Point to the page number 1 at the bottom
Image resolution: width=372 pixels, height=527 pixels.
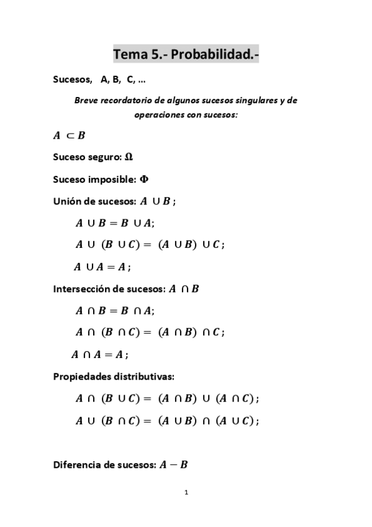pyautogui.click(x=186, y=493)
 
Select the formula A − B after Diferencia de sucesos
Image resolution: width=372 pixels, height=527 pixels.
pyautogui.click(x=173, y=464)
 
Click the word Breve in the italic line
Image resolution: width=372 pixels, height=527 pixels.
pyautogui.click(x=86, y=100)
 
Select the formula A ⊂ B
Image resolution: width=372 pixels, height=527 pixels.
pyautogui.click(x=69, y=135)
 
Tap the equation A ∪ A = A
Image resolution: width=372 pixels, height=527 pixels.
pyautogui.click(x=102, y=267)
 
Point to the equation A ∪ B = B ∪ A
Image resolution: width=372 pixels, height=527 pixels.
pyautogui.click(x=115, y=222)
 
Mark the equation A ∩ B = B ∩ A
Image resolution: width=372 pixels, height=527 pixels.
pyautogui.click(x=115, y=310)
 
